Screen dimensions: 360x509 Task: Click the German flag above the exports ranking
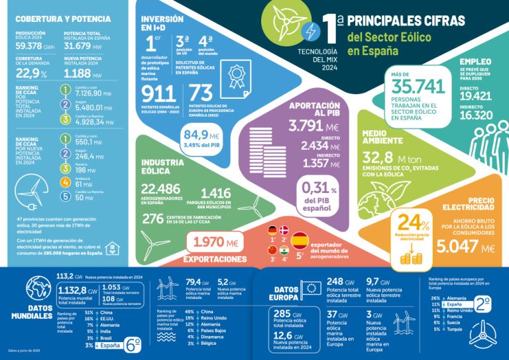tap(271, 231)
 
